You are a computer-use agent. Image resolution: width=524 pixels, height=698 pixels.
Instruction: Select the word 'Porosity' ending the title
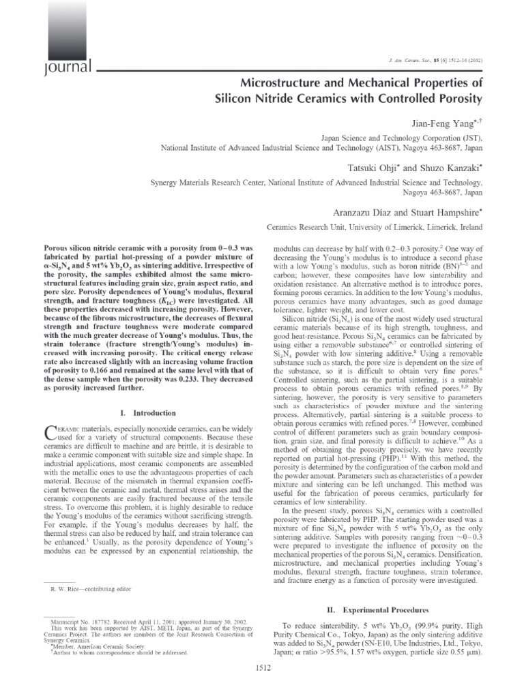pyautogui.click(x=456, y=99)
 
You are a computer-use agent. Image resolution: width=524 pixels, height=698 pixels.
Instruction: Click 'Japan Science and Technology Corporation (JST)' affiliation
pyautogui.click(x=411, y=136)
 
